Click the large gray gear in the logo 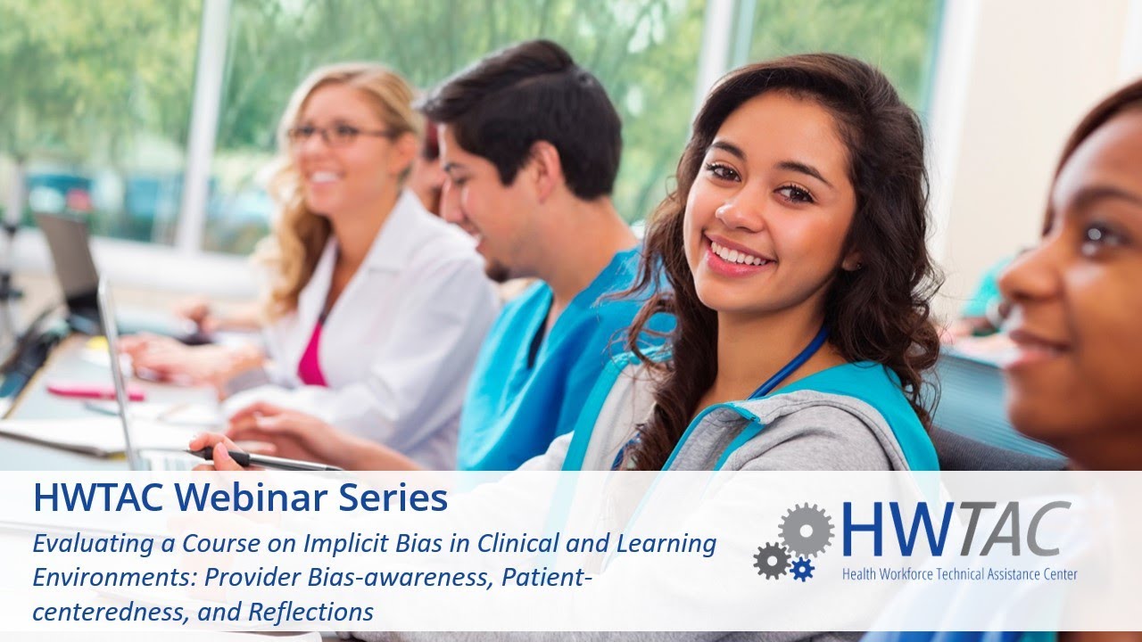click(806, 530)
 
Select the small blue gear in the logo click(802, 569)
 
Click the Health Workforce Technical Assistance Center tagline click(959, 573)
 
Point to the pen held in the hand click(268, 459)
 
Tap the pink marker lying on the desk click(95, 391)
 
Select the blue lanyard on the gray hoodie click(790, 361)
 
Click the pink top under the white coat click(312, 355)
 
